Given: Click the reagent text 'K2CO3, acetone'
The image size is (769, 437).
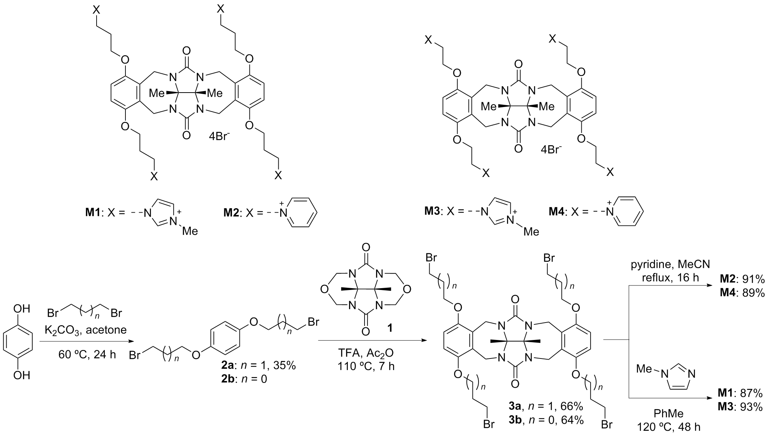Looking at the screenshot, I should (85, 330).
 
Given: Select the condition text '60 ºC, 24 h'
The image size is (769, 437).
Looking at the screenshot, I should (87, 354).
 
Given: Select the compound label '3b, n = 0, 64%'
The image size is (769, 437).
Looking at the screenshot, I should (546, 420).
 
